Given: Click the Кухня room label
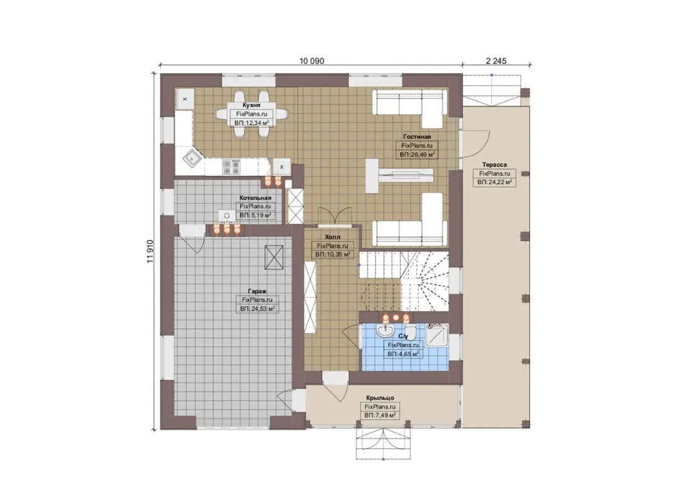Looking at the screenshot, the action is point(252,105).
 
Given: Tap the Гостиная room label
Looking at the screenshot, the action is point(417,137).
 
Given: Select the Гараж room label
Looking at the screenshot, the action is point(257,291).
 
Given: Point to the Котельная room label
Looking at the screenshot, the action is point(255,198).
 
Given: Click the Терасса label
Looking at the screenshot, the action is point(494,165).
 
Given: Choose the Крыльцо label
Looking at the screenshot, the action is point(380,398).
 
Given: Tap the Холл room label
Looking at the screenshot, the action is point(333,237).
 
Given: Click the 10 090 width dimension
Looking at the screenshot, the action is point(312,61).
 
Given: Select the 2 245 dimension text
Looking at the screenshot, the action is point(496,61).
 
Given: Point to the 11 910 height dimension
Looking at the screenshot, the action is point(150,251).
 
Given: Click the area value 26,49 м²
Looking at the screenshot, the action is point(417,154).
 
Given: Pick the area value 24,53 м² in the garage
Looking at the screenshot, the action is point(258,309).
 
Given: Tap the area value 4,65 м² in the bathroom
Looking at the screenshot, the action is point(403,355).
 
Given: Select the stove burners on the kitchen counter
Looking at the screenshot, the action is point(231,167).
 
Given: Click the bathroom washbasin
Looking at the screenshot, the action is point(385,331).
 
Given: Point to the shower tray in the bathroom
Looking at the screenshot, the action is point(437,334).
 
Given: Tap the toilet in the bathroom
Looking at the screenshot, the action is point(410,331).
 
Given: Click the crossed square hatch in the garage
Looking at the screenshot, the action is point(274,257).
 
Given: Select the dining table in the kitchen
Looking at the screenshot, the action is point(252,114).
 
